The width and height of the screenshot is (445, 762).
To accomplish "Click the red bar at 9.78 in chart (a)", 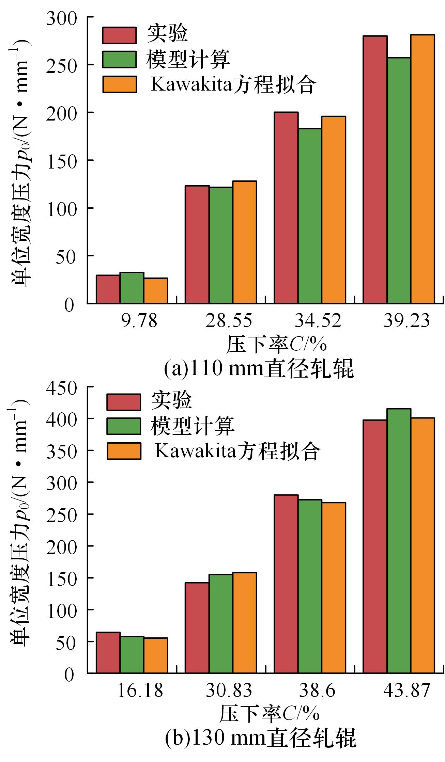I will tap(108, 289).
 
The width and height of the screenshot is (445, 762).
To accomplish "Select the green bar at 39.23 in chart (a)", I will tap(399, 180).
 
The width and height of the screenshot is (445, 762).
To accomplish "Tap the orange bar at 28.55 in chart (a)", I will tap(245, 242).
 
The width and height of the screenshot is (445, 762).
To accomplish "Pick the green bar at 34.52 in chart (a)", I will tap(310, 216).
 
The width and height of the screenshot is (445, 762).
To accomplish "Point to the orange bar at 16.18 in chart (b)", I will tap(156, 655).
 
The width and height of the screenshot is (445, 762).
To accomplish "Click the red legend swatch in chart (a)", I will tap(119, 35).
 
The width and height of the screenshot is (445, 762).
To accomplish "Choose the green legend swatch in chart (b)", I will tap(123, 426).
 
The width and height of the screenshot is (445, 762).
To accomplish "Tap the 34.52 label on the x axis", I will tap(318, 321).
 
